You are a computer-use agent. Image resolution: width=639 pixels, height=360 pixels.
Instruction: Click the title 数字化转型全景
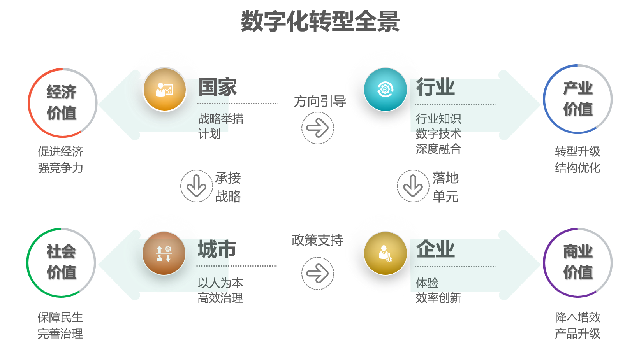point(320,21)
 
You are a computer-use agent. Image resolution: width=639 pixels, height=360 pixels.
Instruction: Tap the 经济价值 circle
point(62,103)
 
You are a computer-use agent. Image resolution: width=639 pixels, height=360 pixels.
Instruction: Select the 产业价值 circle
point(578,99)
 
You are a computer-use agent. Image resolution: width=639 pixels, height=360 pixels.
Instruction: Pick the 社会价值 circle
point(61,262)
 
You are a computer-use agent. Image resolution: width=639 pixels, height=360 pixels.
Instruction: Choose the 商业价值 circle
point(578,262)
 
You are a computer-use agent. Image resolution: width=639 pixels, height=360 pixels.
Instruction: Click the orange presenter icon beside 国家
point(165,90)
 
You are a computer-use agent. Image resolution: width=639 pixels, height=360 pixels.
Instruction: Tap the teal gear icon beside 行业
point(385,90)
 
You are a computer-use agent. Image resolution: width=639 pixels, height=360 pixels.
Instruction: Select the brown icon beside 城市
point(164,253)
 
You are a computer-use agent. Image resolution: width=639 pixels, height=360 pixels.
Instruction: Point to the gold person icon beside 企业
point(385,253)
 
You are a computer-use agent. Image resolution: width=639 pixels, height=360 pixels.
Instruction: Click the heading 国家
point(218,87)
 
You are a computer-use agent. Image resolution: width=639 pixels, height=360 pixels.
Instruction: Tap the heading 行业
point(435,87)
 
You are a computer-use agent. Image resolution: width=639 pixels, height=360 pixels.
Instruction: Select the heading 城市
point(217,249)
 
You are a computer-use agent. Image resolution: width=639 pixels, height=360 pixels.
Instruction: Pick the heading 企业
point(435,249)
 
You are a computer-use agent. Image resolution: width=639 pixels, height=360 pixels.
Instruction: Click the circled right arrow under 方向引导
point(318,128)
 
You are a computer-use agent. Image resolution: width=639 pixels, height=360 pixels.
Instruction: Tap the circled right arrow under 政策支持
point(318,273)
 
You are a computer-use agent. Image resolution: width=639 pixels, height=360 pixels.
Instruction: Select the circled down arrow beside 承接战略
point(197,186)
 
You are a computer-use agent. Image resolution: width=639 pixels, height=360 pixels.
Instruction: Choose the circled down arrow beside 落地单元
point(413,186)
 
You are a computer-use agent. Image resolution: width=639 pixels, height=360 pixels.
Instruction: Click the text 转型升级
point(577,151)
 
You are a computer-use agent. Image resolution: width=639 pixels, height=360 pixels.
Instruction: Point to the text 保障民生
point(60,317)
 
